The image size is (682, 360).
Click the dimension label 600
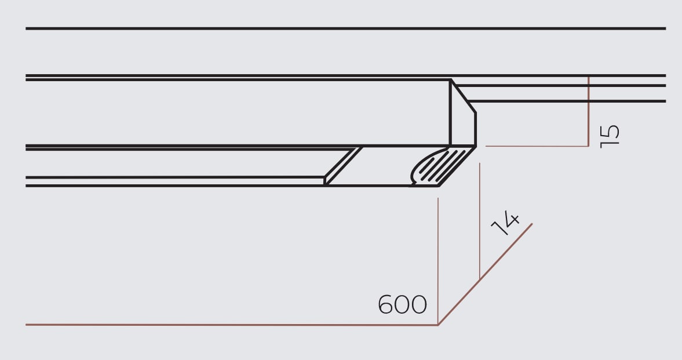coord(402,304)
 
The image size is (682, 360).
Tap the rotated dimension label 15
coord(610,136)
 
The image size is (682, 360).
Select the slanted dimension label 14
coord(505,223)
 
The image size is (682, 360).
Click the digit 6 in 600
coord(386,304)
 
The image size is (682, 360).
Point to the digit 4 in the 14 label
coord(510,217)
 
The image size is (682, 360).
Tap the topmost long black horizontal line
coord(346,29)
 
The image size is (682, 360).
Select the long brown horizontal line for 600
coord(232,325)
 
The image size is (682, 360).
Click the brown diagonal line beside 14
coord(485,274)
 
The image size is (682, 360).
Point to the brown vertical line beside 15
coord(589,111)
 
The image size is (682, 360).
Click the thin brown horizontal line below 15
coord(537,146)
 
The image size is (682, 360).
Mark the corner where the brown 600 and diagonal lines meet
coord(438,325)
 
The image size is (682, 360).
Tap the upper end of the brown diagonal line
coord(532,224)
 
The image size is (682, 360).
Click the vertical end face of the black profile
coord(463,118)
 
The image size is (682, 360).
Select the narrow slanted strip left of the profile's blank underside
coord(344,166)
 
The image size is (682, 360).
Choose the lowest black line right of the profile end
coord(567,101)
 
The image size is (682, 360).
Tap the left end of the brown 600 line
coord(26,325)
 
